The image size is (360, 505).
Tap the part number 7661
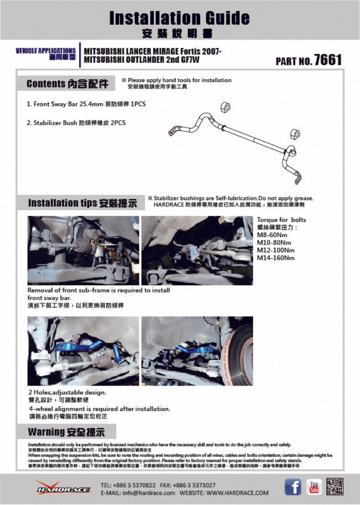pyautogui.click(x=327, y=60)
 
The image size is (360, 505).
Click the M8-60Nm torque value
pyautogui.click(x=272, y=235)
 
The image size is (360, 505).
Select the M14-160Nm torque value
pyautogui.click(x=276, y=258)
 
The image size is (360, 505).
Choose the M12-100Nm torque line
pyautogui.click(x=276, y=250)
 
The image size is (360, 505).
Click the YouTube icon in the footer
pyautogui.click(x=314, y=487)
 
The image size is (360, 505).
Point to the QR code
pyautogui.click(x=334, y=487)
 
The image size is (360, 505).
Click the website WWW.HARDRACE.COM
pyautogui.click(x=237, y=493)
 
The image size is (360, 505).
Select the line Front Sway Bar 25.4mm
pyautogui.click(x=86, y=105)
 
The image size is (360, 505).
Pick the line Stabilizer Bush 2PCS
pyautogui.click(x=76, y=123)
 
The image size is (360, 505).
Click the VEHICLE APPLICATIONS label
pyautogui.click(x=45, y=51)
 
